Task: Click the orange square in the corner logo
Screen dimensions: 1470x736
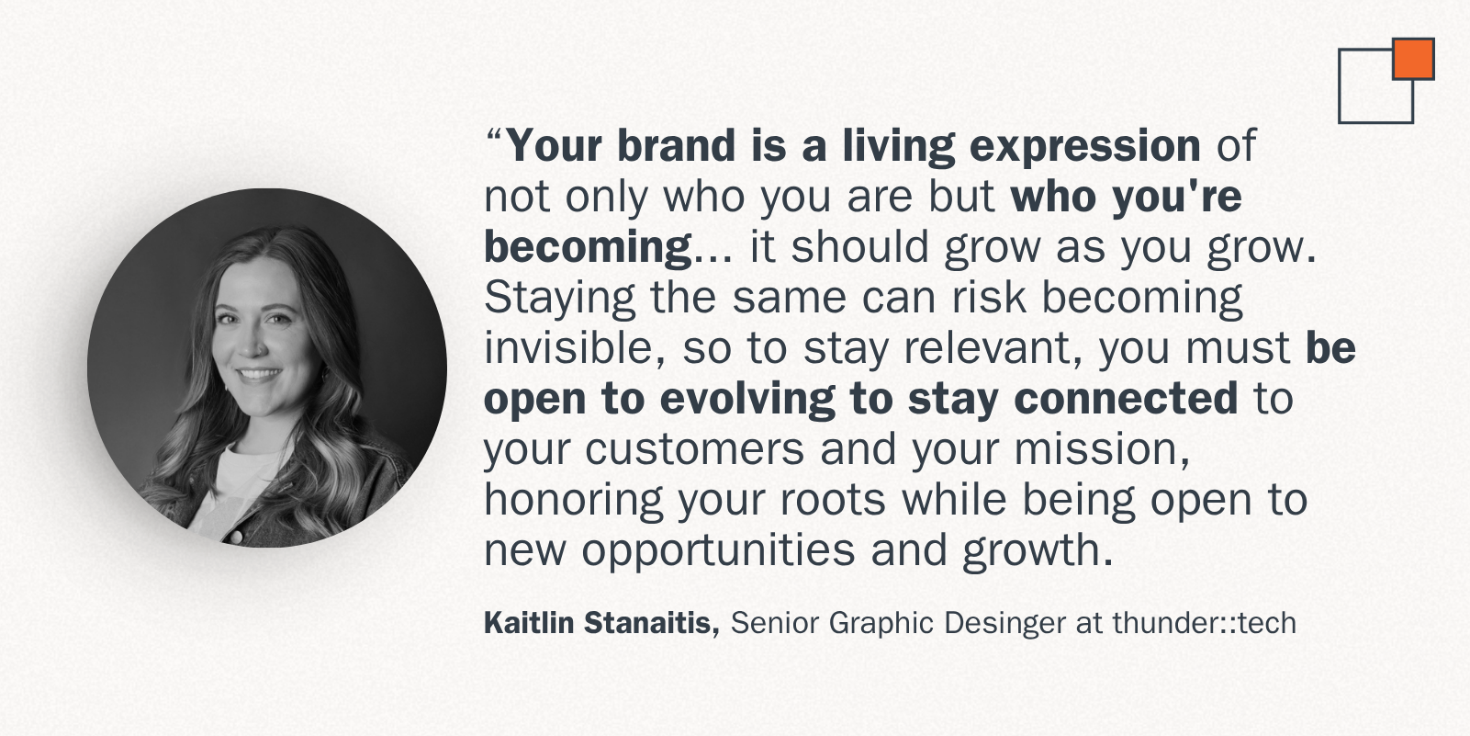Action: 1414,59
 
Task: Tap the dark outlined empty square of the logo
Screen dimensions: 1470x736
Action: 1340,86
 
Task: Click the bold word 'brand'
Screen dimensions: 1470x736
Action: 677,145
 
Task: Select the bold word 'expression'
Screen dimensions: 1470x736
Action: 1084,146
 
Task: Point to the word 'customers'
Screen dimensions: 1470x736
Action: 695,449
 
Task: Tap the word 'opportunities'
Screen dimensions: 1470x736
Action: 719,551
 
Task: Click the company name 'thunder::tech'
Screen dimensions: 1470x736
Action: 1205,623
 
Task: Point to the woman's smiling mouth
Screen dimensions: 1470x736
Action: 258,375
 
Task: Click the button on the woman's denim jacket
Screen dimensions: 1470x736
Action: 235,538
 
